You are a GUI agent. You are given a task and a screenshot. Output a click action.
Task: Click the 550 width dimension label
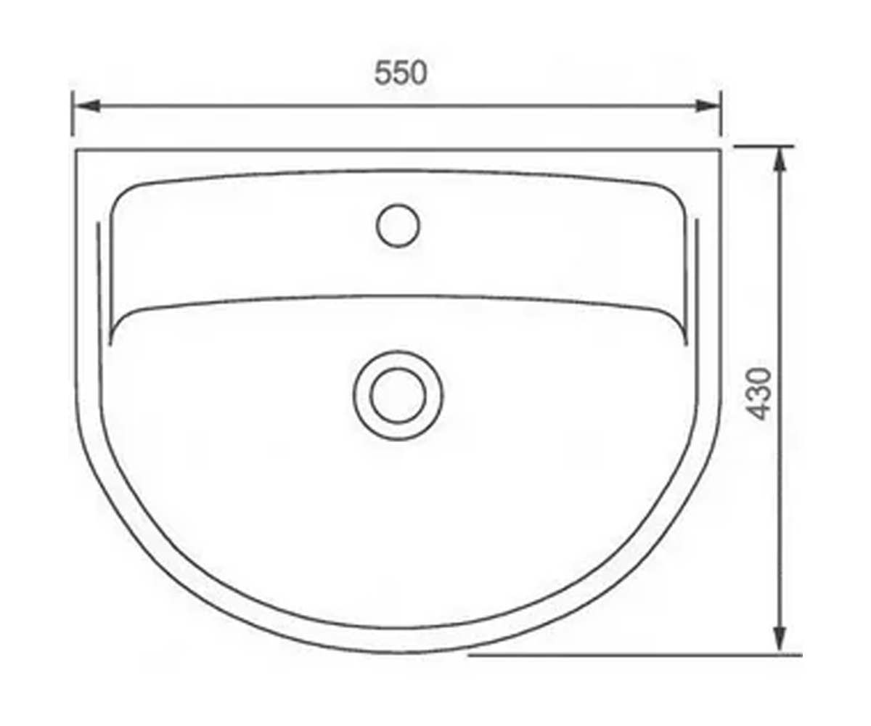click(x=401, y=73)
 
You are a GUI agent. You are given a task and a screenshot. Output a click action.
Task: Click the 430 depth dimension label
click(x=758, y=394)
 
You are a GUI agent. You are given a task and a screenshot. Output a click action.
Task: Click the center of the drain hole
click(x=398, y=396)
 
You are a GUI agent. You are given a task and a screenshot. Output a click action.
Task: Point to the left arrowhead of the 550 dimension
click(x=88, y=106)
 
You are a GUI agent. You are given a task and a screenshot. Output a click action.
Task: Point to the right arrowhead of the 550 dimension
click(x=708, y=106)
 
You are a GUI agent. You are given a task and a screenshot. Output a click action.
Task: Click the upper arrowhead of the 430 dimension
click(x=780, y=160)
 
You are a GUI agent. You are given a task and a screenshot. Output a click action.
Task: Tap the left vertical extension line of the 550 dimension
click(x=73, y=113)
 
